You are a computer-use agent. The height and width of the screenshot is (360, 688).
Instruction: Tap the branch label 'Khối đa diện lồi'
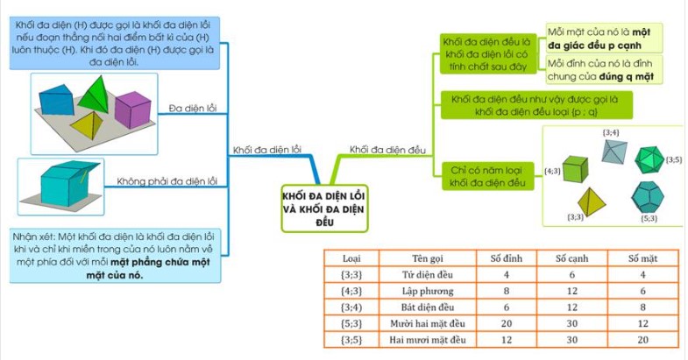pyautogui.click(x=267, y=149)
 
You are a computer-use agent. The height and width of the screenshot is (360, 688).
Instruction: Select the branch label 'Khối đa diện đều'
pyautogui.click(x=387, y=149)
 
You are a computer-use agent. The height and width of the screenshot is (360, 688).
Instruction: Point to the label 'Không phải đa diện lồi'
pyautogui.click(x=167, y=181)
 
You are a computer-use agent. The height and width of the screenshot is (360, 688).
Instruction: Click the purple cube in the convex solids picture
pyautogui.click(x=134, y=108)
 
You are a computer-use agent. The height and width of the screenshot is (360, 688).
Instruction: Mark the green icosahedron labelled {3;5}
pyautogui.click(x=649, y=159)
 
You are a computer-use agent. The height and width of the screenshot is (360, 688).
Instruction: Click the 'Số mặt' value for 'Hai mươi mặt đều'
pyautogui.click(x=642, y=339)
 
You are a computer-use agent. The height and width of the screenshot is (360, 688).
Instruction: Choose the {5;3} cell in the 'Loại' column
pyautogui.click(x=351, y=323)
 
